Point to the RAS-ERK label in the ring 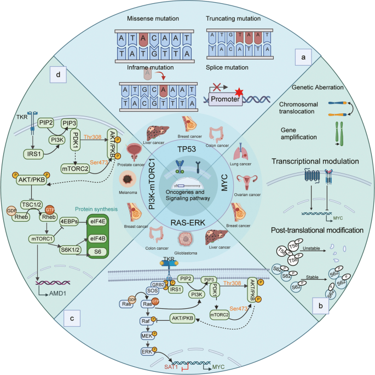(x=187, y=221)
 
